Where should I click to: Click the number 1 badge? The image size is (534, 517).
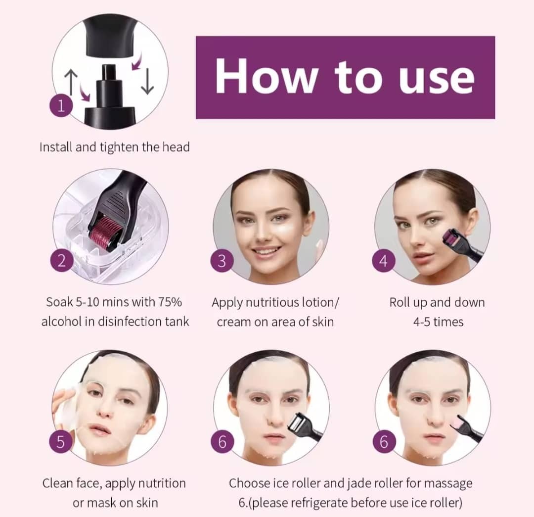61,106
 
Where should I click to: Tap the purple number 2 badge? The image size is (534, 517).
62,261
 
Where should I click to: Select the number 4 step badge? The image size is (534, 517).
384,261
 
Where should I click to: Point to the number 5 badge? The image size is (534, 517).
60,442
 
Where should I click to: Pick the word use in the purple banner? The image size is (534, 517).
437,81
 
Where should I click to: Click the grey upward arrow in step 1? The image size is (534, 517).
71,81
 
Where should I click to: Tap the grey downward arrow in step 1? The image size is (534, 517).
147,81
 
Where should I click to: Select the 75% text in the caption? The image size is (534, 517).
170,302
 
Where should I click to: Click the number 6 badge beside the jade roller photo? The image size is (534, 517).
384,442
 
